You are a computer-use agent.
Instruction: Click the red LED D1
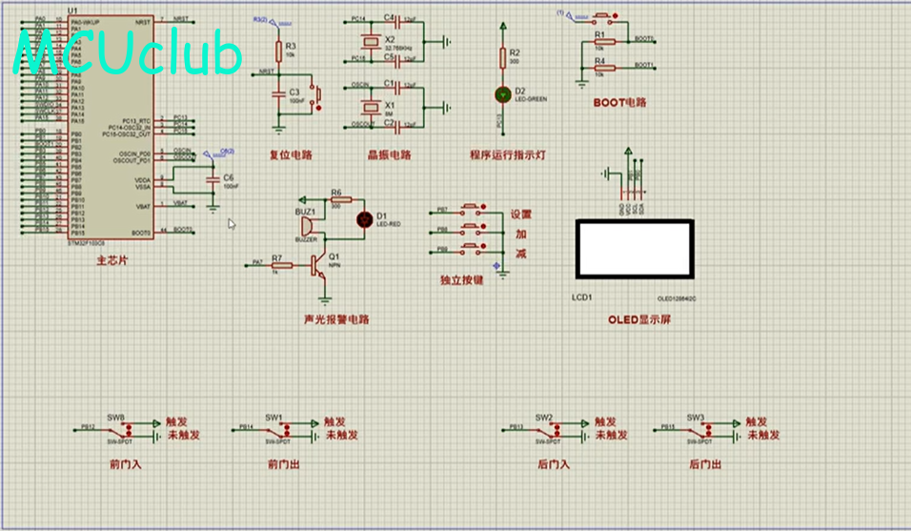tap(363, 219)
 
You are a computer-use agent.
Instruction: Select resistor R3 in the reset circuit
tap(278, 50)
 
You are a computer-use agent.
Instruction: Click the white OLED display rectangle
tap(635, 249)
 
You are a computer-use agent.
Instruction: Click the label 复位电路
tap(291, 155)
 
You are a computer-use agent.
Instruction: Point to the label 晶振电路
tap(389, 155)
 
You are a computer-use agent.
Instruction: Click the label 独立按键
tap(461, 280)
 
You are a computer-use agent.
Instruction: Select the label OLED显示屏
tap(639, 319)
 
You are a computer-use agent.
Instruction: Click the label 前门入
tap(125, 464)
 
